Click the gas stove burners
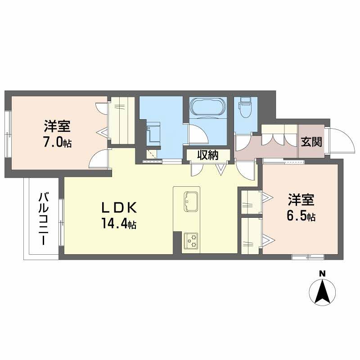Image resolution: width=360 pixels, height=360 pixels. click(191, 241)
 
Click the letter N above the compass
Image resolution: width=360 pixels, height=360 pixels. click(322, 273)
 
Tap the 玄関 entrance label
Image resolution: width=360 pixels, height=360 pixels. click(311, 142)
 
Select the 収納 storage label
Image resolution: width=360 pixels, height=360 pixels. click(208, 155)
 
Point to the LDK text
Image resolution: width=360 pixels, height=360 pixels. click(118, 207)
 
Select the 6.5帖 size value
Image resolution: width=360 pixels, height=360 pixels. click(301, 216)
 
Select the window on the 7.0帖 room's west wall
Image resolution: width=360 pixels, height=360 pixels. click(8, 133)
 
